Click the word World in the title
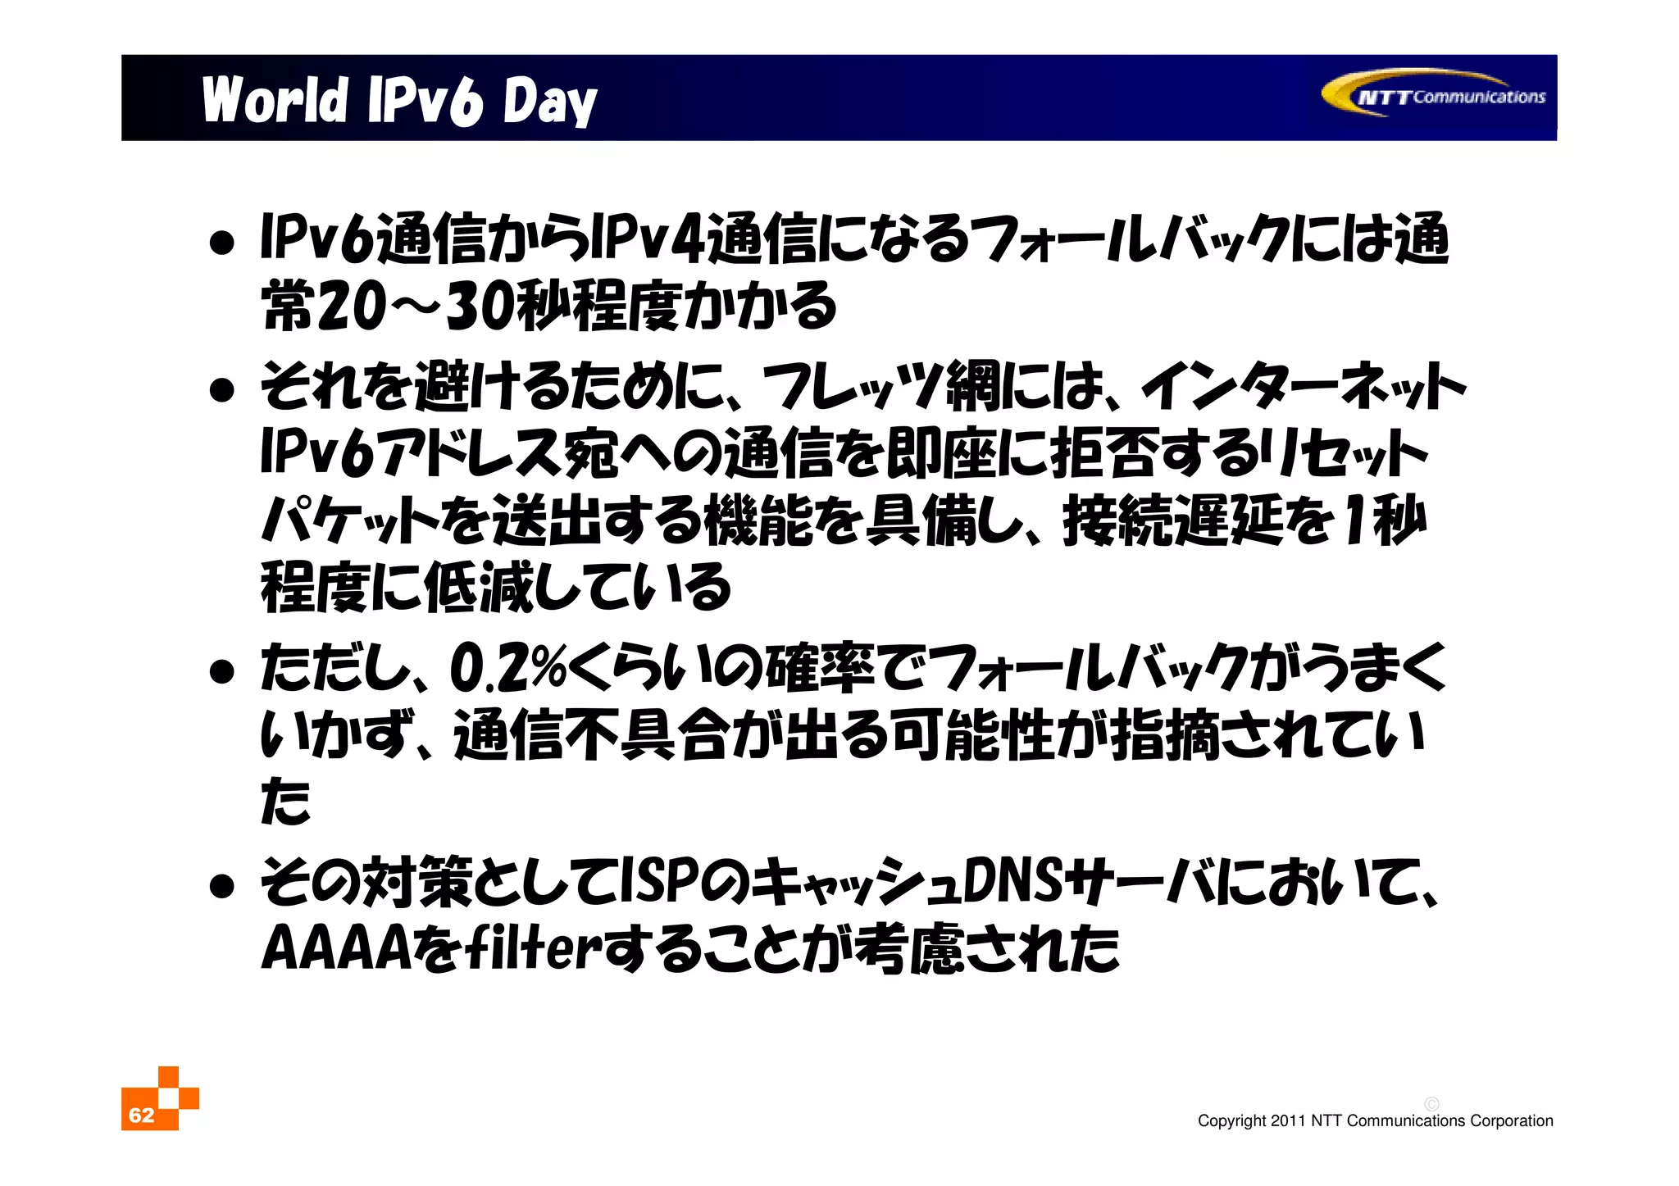point(275,101)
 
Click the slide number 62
point(142,1115)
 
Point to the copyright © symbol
point(1431,1104)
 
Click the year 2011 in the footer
point(1287,1121)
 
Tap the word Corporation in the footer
point(1511,1121)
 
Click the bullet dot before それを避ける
point(221,390)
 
